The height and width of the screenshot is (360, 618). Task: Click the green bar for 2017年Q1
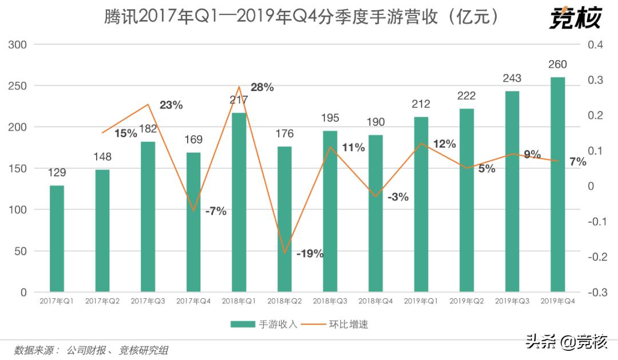tap(57, 239)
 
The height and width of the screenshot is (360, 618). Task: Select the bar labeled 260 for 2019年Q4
tap(557, 184)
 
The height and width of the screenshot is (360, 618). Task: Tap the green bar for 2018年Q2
tap(284, 219)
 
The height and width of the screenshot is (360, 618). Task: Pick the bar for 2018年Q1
tap(239, 202)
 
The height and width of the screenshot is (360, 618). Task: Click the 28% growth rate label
tap(262, 88)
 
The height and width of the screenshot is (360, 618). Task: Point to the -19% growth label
tap(310, 254)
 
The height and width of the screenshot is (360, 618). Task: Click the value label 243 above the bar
tap(512, 78)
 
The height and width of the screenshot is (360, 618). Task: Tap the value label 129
tap(57, 173)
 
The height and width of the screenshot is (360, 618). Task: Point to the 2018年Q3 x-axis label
tap(330, 301)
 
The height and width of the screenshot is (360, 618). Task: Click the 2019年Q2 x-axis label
tap(466, 301)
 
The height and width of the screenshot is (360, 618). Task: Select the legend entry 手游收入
tap(264, 325)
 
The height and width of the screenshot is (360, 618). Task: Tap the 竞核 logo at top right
tap(575, 18)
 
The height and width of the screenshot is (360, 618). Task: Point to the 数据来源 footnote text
tap(92, 349)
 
